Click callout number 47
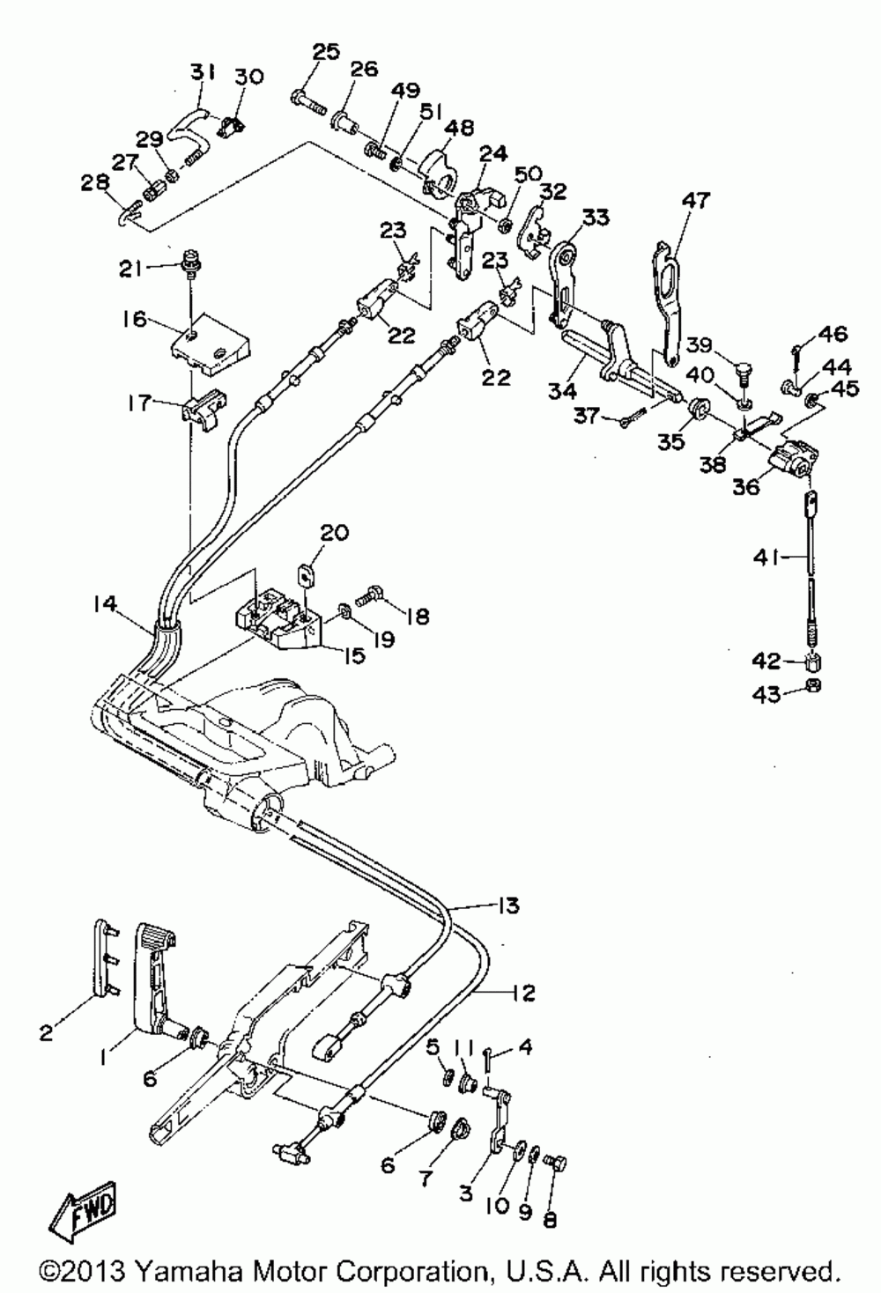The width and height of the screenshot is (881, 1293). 696,200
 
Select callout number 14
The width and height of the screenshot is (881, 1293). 106,604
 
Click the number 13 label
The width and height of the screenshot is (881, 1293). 508,905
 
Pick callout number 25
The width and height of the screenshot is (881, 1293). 326,52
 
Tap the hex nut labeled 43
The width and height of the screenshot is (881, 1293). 811,686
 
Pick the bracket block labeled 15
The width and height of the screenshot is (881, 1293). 278,620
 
